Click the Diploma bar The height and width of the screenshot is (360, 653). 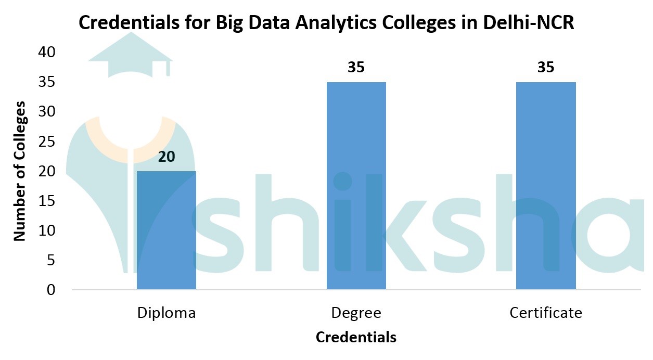click(x=166, y=230)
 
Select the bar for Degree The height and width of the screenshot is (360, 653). click(x=356, y=186)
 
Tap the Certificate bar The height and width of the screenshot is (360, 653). click(x=546, y=186)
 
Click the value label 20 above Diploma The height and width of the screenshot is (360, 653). click(x=166, y=157)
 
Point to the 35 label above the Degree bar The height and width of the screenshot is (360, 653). click(x=356, y=68)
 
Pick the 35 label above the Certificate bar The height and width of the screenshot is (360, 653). click(x=546, y=68)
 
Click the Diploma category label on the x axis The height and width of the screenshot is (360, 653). click(x=167, y=313)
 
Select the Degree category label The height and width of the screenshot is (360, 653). click(x=356, y=313)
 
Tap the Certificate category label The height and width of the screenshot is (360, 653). click(x=546, y=313)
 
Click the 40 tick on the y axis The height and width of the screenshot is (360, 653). click(x=46, y=52)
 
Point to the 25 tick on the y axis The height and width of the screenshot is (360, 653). click(x=46, y=142)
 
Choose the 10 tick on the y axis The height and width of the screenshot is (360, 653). click(x=46, y=230)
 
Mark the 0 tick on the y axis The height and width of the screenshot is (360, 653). click(x=50, y=290)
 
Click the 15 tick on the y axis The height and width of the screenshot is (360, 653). click(x=46, y=201)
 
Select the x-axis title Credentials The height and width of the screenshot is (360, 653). click(x=356, y=337)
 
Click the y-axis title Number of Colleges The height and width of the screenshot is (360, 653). click(x=19, y=171)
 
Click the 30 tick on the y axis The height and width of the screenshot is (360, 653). click(x=46, y=112)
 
